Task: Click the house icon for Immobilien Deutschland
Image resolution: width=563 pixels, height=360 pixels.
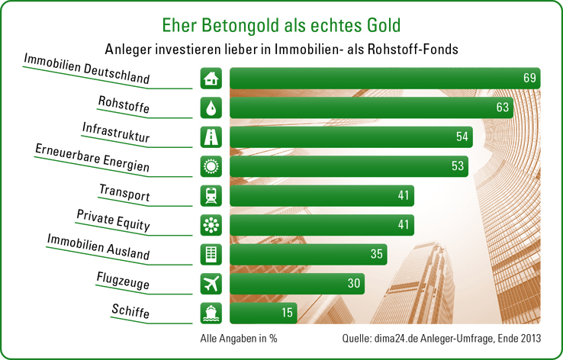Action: coord(211,79)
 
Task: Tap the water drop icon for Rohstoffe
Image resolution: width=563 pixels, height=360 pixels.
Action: coord(211,108)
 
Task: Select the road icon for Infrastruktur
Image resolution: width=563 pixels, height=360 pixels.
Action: coord(211,137)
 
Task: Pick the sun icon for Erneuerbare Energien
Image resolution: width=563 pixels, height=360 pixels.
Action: coord(211,166)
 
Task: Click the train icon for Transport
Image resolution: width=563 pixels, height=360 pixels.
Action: coord(211,195)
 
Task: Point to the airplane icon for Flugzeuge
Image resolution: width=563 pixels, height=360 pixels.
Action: coord(211,284)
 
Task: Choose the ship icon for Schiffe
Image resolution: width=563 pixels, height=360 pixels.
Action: coord(211,313)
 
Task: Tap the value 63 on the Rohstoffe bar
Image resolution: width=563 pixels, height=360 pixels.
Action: coord(502,108)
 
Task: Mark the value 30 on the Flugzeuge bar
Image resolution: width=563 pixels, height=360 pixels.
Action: coord(353,284)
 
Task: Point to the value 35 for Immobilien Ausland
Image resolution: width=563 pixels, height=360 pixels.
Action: coord(376,254)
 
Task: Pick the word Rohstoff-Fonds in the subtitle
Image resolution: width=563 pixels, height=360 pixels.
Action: coord(417,48)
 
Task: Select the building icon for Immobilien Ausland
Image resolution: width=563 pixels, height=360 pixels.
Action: coord(211,254)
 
